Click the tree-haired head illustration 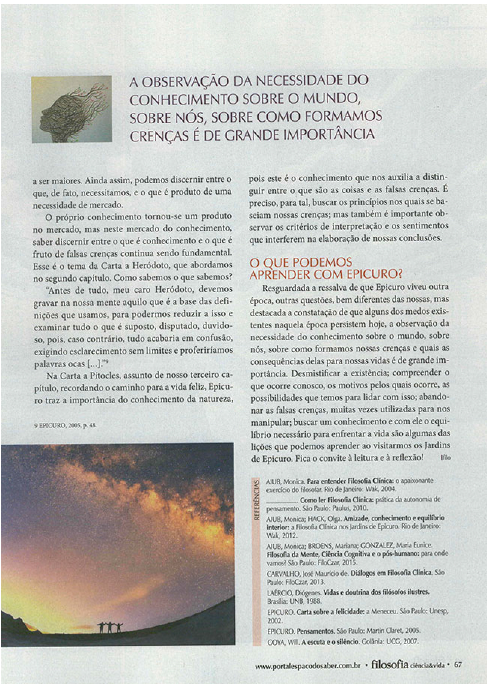tap(72, 109)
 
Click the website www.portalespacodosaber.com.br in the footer tap(308, 665)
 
